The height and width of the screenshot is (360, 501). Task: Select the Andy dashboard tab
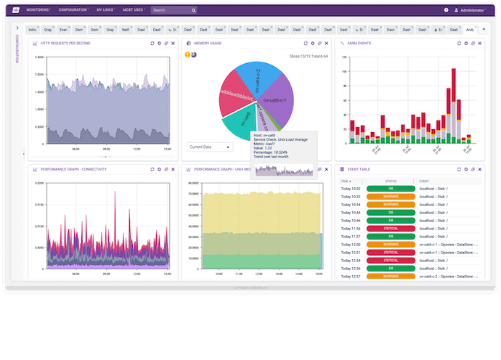point(471,30)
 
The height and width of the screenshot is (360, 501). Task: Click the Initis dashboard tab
point(33,30)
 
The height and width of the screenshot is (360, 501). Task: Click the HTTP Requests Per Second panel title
point(65,44)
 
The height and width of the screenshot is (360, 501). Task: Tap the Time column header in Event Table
point(346,181)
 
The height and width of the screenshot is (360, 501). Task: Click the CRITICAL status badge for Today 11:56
point(391,228)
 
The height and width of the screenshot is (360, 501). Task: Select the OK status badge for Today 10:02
point(391,188)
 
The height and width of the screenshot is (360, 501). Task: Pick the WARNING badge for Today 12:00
point(391,244)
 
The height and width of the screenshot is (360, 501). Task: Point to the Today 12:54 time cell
point(351,260)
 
